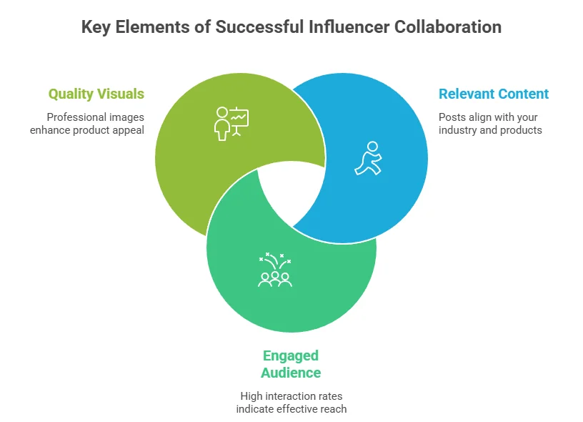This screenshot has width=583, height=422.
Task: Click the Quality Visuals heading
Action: point(96,94)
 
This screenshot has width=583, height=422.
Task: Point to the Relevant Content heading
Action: point(494,94)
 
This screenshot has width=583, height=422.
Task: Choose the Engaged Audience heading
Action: point(291,364)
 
